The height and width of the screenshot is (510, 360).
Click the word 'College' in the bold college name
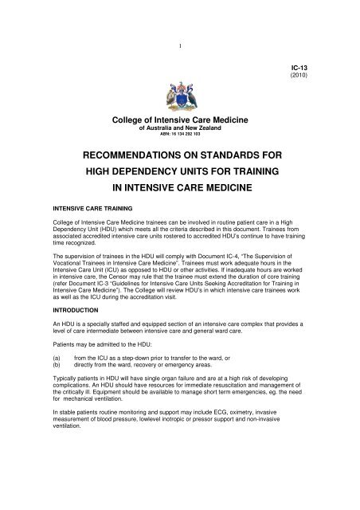click(135, 119)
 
